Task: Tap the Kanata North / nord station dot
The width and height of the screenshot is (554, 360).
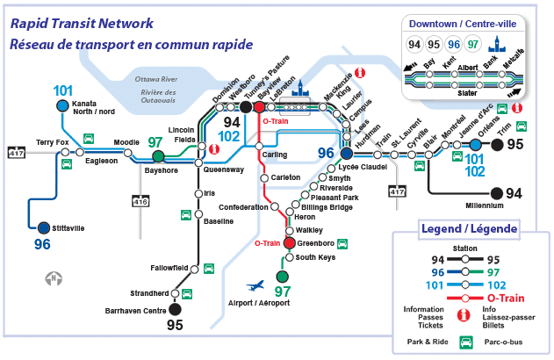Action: click(x=62, y=105)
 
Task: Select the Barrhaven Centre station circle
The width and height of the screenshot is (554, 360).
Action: click(x=175, y=308)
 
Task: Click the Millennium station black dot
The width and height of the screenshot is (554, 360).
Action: click(x=496, y=193)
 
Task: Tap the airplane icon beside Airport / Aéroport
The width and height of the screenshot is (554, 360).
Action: click(x=255, y=286)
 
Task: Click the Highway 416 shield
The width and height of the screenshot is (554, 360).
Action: click(x=140, y=202)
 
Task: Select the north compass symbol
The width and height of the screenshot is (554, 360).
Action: click(x=54, y=279)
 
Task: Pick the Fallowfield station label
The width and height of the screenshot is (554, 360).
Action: click(x=169, y=268)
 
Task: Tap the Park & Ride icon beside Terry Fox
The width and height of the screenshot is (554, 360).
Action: click(x=66, y=163)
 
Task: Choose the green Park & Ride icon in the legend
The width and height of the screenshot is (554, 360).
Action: click(x=467, y=342)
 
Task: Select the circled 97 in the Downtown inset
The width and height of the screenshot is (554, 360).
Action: click(x=473, y=44)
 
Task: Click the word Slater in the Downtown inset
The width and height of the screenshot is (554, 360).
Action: click(x=467, y=92)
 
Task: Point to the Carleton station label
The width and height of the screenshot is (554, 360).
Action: click(x=285, y=177)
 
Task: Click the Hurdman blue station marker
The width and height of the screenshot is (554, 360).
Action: click(x=347, y=154)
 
